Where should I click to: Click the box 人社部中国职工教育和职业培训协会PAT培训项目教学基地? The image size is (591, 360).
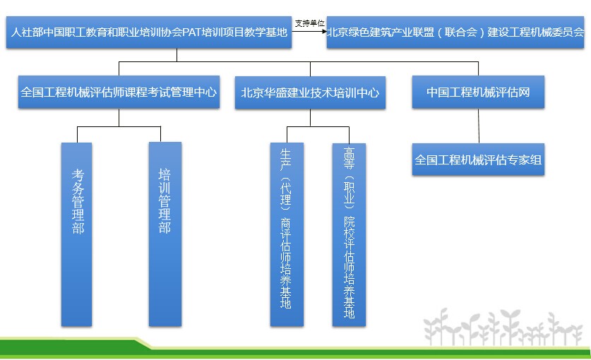pos(149,32)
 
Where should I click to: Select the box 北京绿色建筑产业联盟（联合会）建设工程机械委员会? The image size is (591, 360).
pos(455,32)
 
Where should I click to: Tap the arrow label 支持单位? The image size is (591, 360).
pos(309,23)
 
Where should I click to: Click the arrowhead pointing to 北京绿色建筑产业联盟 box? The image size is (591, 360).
pos(325,31)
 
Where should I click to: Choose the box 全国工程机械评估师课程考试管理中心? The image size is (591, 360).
pos(119,92)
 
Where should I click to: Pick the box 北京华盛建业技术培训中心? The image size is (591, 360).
pos(310,92)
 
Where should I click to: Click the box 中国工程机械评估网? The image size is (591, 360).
pos(478,92)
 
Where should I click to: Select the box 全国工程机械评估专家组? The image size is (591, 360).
pos(478,160)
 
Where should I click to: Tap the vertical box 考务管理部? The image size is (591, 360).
pos(76,234)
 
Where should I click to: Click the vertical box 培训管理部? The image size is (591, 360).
pos(165,234)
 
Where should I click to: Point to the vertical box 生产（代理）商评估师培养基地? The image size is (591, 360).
pos(287,234)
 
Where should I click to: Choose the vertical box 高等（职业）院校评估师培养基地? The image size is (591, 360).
pos(349,234)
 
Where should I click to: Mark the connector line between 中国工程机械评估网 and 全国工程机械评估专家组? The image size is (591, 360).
pos(479,126)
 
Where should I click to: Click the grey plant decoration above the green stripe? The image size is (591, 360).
pos(503,327)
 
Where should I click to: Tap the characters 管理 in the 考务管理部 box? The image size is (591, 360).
pos(78,208)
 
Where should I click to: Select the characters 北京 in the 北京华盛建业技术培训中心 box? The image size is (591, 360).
pos(252,92)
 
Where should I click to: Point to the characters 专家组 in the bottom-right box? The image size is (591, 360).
pos(525,160)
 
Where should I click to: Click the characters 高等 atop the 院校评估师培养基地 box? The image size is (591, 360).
pos(349,158)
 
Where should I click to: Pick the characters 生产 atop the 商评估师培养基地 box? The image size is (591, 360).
pos(286,160)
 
